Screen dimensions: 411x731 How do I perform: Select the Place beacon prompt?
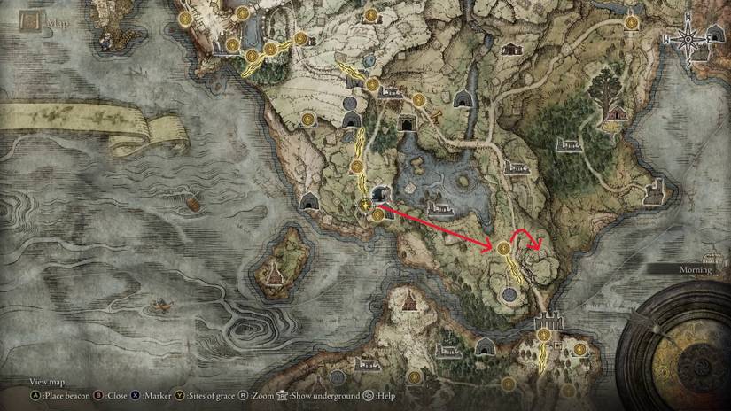66,396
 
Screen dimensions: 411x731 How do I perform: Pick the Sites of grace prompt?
222,396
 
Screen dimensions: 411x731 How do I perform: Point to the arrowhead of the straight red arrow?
490,244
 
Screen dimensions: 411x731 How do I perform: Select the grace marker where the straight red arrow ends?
503,249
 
